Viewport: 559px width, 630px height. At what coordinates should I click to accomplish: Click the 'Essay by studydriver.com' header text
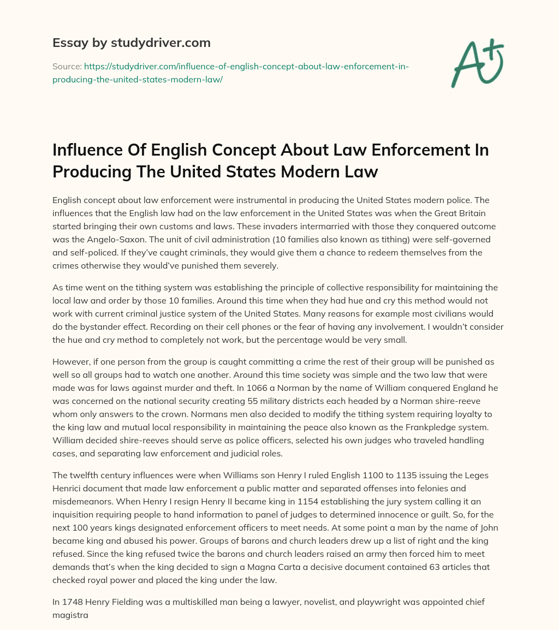tap(131, 42)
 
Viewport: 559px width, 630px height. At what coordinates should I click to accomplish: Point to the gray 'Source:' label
tap(67, 66)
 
